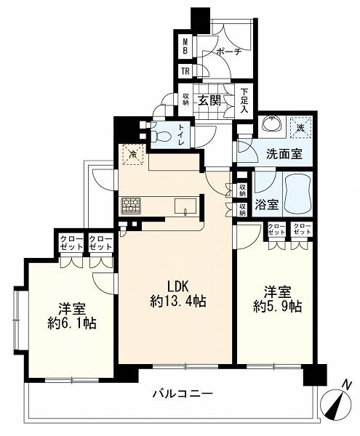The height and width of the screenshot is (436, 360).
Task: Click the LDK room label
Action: (178, 286)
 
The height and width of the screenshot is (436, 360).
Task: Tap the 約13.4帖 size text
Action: (178, 301)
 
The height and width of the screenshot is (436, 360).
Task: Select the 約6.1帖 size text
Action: (72, 323)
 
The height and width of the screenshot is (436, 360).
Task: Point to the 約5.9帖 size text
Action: (277, 307)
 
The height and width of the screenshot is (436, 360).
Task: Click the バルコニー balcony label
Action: (183, 394)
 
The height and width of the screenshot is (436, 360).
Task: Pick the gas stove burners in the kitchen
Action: (131, 206)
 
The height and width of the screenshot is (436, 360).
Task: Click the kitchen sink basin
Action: (185, 206)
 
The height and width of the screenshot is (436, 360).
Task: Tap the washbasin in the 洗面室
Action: (273, 124)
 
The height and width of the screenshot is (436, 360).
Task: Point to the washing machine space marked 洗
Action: (300, 127)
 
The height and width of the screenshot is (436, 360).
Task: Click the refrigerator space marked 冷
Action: (133, 154)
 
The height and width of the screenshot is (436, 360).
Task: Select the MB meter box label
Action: (185, 47)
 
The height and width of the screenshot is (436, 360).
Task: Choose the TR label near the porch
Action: (185, 71)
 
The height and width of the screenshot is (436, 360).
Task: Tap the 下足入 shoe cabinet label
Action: (244, 101)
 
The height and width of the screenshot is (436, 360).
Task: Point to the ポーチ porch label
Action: (228, 52)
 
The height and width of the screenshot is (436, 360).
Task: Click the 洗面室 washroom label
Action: (284, 153)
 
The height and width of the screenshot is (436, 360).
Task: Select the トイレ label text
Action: (181, 134)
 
